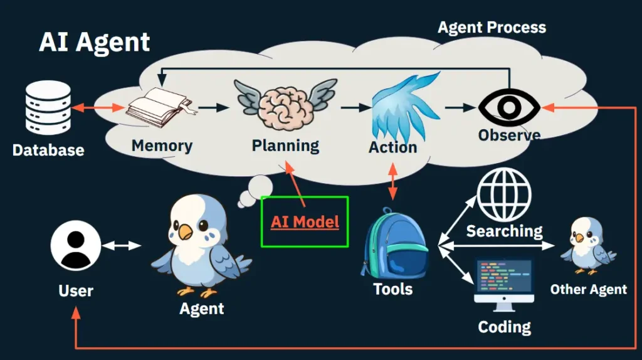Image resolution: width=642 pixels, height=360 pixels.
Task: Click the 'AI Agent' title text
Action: (x=94, y=43)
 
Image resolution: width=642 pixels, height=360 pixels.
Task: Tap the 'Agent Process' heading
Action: (x=491, y=28)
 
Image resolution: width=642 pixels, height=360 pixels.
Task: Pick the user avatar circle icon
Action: (x=76, y=246)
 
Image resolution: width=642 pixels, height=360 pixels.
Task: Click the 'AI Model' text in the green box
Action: (x=305, y=221)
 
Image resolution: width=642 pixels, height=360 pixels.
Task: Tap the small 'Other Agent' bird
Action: (x=587, y=245)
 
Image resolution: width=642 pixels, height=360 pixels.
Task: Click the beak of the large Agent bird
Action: (x=185, y=233)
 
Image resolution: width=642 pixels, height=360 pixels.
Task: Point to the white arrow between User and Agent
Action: (x=122, y=245)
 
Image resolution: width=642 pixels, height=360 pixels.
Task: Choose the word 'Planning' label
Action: (x=285, y=146)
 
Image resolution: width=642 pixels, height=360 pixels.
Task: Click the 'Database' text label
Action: (x=48, y=150)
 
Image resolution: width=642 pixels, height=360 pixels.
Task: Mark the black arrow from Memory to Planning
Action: (x=213, y=108)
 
